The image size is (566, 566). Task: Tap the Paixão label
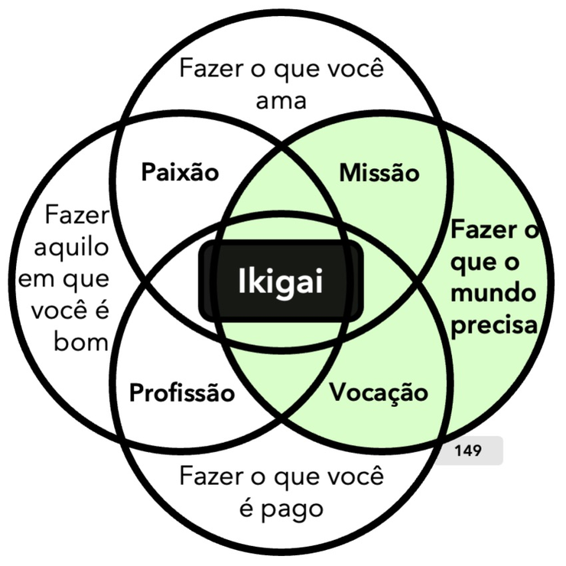click(x=180, y=172)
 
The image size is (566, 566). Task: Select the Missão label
click(x=379, y=173)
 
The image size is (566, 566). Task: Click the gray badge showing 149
click(x=467, y=451)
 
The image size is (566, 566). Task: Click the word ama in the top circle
click(x=281, y=101)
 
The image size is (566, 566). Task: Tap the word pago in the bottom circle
click(x=292, y=508)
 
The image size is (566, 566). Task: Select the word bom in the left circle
click(x=81, y=341)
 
